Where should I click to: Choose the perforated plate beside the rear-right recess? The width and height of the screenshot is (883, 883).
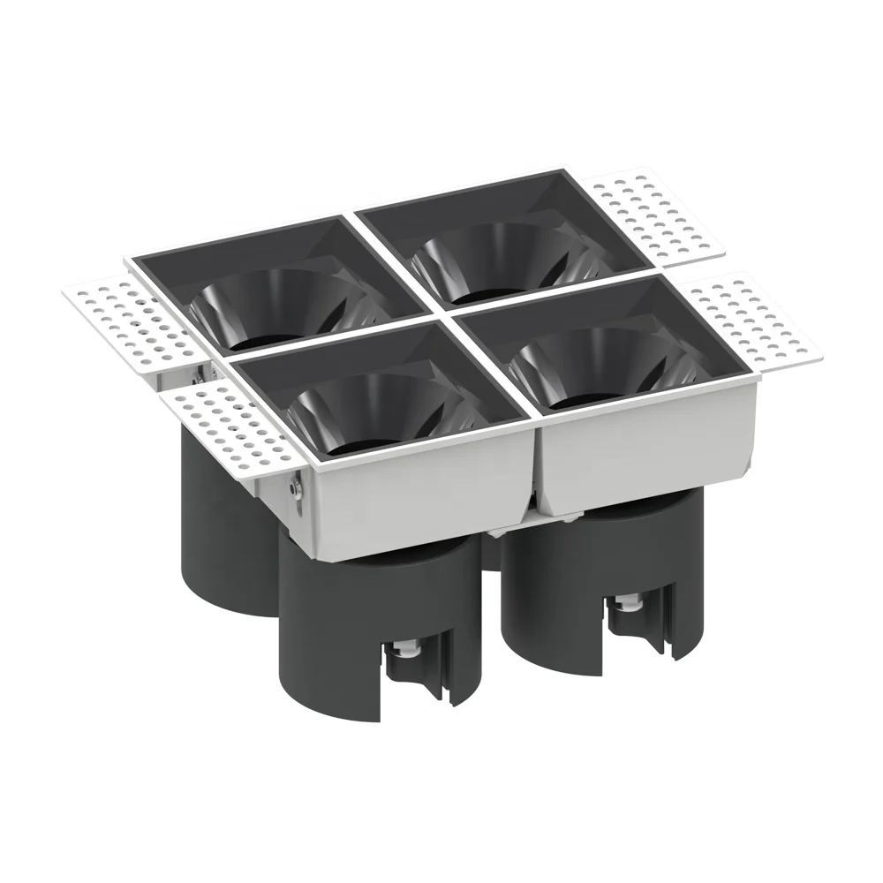pyautogui.click(x=653, y=216)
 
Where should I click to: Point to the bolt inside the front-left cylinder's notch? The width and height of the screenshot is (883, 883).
pyautogui.click(x=407, y=652)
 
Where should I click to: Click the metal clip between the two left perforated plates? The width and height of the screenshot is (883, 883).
pyautogui.click(x=201, y=375)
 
